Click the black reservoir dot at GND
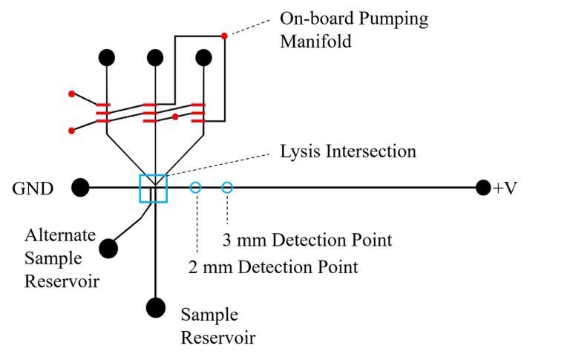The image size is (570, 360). [80, 189]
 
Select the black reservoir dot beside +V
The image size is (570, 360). [484, 189]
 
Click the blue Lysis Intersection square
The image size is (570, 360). [154, 189]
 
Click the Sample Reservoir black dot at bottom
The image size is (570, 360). [156, 307]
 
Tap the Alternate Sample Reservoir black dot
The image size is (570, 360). [108, 248]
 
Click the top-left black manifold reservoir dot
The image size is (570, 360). [107, 57]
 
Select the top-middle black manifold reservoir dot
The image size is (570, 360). [155, 57]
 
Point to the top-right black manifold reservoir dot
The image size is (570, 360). [203, 57]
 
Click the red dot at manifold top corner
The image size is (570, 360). [224, 35]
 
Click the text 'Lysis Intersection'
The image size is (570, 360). [348, 152]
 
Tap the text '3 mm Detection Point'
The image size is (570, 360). [307, 240]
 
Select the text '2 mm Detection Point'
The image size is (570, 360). [274, 266]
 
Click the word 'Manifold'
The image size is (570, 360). [315, 42]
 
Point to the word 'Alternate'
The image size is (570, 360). [60, 236]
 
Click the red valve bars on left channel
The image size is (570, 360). [103, 113]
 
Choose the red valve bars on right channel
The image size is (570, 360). [197, 113]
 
